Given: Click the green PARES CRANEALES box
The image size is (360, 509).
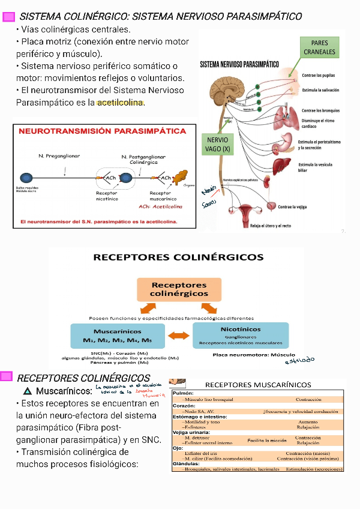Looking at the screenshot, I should (x=320, y=47).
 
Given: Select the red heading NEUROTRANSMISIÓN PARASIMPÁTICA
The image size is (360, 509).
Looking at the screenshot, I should (x=103, y=131).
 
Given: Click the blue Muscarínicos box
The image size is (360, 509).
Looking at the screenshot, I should (x=118, y=336).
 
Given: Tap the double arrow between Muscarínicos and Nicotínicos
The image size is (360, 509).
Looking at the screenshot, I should (x=178, y=336).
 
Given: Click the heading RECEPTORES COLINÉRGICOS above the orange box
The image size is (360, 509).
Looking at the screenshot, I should (x=178, y=258).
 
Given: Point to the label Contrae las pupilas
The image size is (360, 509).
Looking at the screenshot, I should (x=318, y=76).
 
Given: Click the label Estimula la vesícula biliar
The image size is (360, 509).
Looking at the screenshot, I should (x=314, y=167).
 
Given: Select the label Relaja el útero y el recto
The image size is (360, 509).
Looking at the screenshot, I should (x=271, y=226).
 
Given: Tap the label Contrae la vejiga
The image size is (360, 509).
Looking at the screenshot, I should (x=292, y=206).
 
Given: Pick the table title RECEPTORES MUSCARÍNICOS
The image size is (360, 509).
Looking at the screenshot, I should (x=258, y=384).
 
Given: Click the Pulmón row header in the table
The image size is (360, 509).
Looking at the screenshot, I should (x=182, y=393).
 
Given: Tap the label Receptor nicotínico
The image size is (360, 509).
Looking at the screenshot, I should (x=107, y=196).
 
